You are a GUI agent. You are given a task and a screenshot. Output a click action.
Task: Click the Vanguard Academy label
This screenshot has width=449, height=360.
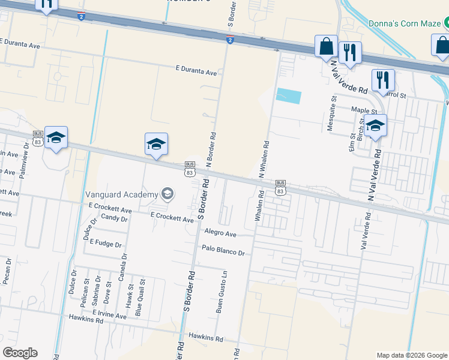[x=121, y=194]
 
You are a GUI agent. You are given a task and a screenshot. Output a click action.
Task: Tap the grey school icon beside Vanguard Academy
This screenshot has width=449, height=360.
[x=167, y=193]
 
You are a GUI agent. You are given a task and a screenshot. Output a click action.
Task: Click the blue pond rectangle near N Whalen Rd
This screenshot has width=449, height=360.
[x=289, y=95]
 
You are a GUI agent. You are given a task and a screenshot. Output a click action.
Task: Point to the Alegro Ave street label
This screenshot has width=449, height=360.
[x=220, y=233]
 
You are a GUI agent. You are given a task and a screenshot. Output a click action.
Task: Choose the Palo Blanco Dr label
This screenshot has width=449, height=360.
[x=223, y=253]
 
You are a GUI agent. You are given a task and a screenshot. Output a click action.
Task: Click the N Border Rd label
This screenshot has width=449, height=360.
[x=211, y=149]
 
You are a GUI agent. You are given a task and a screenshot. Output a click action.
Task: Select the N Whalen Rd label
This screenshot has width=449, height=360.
[x=262, y=159]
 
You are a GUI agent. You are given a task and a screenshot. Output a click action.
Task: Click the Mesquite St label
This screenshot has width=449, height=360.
[x=332, y=107]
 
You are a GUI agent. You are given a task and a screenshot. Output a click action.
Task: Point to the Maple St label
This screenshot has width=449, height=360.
[x=364, y=110]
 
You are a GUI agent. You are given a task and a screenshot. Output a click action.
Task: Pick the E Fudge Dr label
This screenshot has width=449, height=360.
[x=106, y=244]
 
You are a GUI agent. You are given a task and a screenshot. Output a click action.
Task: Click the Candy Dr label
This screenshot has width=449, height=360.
[x=114, y=218]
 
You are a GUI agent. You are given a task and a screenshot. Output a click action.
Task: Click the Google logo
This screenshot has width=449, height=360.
[x=20, y=353]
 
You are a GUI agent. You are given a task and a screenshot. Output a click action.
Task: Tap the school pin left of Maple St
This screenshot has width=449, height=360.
[x=375, y=125]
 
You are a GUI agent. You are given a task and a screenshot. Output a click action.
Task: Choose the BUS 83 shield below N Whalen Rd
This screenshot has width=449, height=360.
[x=280, y=187]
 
